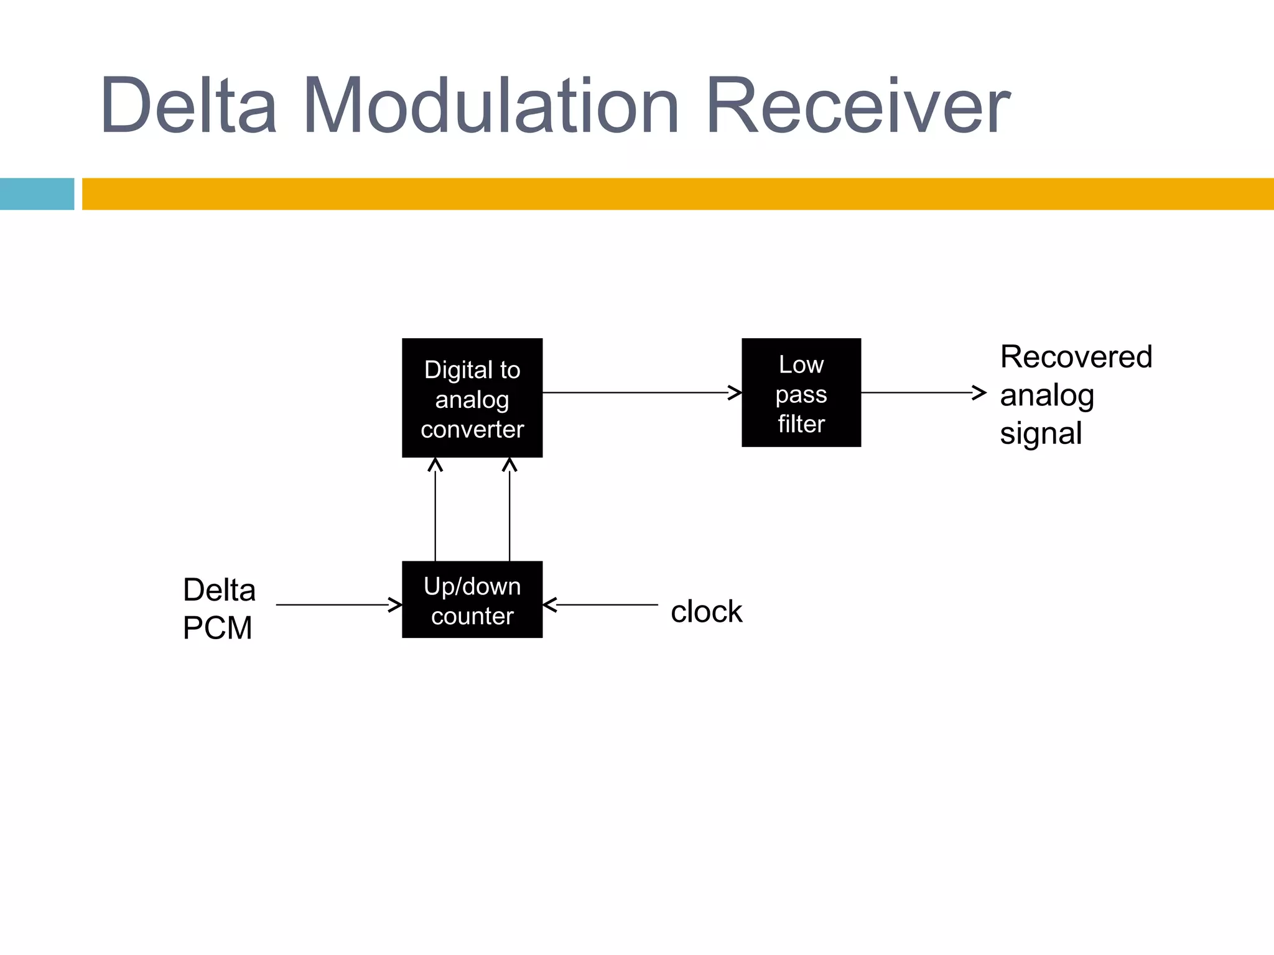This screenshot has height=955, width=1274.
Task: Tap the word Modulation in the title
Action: coord(491,106)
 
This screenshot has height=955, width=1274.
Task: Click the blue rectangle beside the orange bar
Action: coord(37,194)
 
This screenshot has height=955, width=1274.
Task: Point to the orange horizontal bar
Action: coord(678,194)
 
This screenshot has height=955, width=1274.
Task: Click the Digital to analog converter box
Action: coord(472,398)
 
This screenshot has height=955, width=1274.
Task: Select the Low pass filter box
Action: coord(801,392)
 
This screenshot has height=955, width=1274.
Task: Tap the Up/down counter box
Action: coord(472,599)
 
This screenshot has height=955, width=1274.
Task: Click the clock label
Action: coord(706,612)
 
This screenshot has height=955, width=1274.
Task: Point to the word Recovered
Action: coord(1076,357)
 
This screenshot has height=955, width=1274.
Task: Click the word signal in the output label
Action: coord(1041,433)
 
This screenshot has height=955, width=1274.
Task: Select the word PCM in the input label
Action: coord(217,628)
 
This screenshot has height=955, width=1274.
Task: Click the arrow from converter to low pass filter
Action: coord(641,393)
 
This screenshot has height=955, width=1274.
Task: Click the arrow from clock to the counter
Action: coord(601,604)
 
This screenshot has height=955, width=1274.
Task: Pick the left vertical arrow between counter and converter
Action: coord(435,510)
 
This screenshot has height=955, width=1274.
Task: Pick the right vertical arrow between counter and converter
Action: coord(509,510)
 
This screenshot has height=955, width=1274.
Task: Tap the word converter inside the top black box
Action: coord(472,430)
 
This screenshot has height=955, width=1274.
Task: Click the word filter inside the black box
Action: coord(801,424)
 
